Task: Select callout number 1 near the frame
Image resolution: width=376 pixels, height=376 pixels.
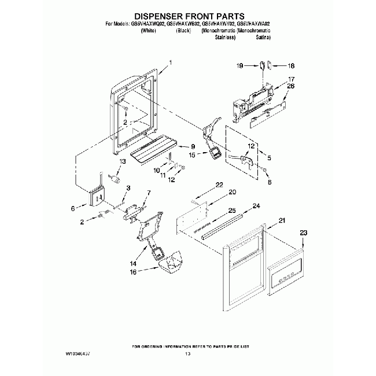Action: pyautogui.click(x=170, y=62)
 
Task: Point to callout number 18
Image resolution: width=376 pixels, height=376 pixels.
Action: pyautogui.click(x=291, y=66)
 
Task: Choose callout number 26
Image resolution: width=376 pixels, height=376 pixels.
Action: pyautogui.click(x=291, y=86)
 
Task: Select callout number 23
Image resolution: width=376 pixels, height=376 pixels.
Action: pyautogui.click(x=302, y=233)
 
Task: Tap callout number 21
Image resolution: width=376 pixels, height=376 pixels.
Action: pyautogui.click(x=282, y=220)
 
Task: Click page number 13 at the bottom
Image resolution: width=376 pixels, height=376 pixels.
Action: pyautogui.click(x=187, y=353)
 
